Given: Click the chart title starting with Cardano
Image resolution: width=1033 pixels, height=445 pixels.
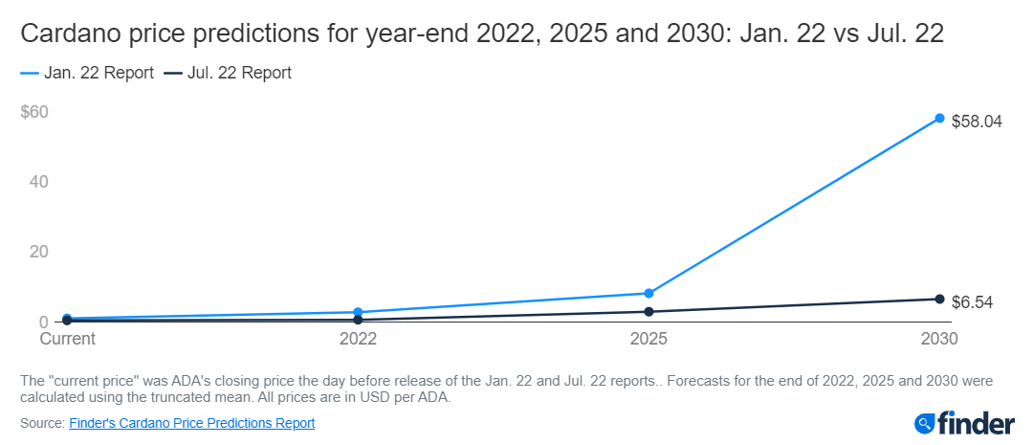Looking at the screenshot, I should point(482,35).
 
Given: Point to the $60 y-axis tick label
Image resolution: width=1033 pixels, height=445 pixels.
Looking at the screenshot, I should point(34,112).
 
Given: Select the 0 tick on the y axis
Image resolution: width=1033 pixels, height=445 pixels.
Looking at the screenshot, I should point(44,322).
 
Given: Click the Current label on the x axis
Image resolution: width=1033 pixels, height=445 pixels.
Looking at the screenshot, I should point(67,339).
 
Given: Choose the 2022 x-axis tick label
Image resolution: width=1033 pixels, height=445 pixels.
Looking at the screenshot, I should point(358,339).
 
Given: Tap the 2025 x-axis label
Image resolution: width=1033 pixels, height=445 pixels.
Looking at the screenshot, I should point(648,339).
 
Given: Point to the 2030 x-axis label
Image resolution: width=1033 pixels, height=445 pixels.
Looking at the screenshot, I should point(938,339).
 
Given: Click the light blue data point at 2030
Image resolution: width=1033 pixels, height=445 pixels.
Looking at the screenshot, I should point(939,119).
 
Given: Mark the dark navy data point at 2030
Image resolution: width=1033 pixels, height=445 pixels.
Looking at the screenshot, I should point(939,300).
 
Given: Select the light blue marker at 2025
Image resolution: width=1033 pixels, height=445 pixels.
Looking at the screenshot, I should point(648,293).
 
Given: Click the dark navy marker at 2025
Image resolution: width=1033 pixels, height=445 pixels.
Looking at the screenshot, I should point(648,312).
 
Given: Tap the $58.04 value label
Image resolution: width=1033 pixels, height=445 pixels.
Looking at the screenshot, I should point(977,122).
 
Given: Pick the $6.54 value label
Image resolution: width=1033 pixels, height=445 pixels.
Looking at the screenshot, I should point(973,302).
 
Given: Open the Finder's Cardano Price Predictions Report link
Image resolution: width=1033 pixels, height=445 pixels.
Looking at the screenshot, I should point(192,422).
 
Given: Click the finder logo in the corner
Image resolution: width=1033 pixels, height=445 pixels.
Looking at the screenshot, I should point(961,422).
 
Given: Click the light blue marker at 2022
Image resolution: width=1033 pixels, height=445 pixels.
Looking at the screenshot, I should point(358,312).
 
